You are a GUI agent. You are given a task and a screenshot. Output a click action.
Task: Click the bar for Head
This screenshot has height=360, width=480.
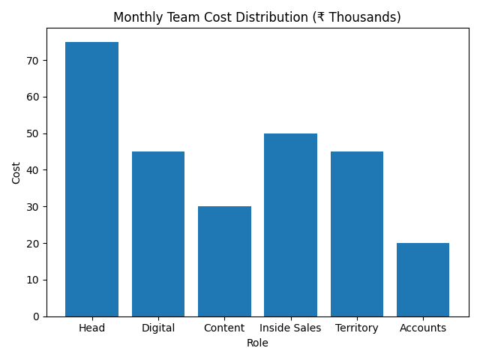click(91, 179)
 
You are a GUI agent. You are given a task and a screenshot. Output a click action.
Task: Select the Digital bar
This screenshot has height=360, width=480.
click(158, 234)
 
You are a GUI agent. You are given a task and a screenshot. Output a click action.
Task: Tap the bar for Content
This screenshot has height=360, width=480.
click(224, 261)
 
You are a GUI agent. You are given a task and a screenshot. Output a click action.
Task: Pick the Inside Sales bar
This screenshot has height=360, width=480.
click(290, 225)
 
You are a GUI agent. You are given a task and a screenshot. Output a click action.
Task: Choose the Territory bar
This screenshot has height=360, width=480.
click(357, 234)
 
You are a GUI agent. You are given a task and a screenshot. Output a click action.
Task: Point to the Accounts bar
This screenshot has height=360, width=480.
click(423, 280)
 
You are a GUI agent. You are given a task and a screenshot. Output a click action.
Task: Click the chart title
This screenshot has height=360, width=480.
click(257, 17)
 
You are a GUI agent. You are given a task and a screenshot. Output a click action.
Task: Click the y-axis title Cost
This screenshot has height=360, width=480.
click(16, 172)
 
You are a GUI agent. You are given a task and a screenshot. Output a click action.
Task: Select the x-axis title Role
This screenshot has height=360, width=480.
click(257, 343)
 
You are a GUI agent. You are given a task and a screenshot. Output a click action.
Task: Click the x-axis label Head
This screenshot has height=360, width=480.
click(91, 328)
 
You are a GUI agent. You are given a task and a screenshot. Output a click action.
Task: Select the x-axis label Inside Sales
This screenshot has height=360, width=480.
click(290, 328)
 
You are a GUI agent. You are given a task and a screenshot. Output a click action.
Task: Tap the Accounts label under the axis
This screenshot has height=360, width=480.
click(423, 328)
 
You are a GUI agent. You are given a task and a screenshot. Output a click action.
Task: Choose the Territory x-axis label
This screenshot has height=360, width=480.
click(357, 328)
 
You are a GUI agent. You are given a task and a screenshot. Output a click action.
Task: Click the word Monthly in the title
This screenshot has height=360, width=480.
click(136, 17)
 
